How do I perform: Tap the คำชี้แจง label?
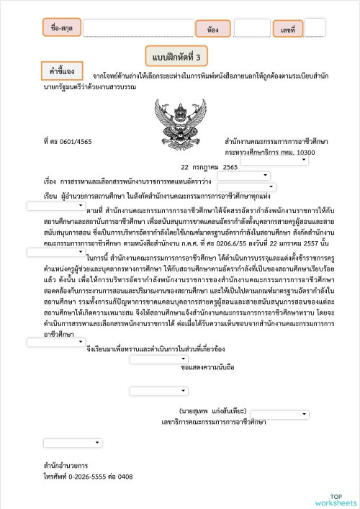click(62, 73)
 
